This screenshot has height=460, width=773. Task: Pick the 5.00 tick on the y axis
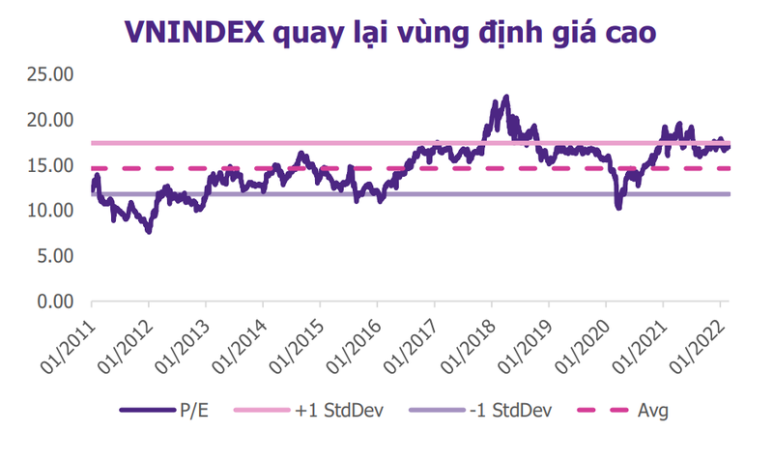click(x=54, y=256)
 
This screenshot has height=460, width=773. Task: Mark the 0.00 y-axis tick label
click(x=54, y=302)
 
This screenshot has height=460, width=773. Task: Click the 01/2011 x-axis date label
click(x=68, y=341)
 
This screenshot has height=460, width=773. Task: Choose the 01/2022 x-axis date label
click(x=696, y=341)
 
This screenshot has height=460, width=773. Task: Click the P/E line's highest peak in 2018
click(x=506, y=97)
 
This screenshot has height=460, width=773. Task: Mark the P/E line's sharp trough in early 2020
click(x=617, y=207)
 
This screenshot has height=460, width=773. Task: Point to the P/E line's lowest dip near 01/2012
click(x=148, y=232)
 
